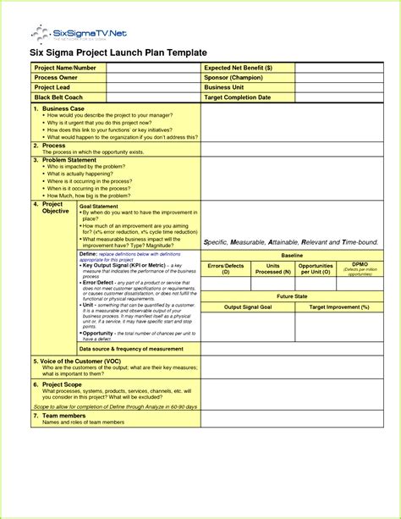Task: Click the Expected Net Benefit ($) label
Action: point(238,67)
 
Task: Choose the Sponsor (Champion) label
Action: point(235,77)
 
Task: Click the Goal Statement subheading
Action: point(98,206)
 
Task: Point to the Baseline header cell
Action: point(293,255)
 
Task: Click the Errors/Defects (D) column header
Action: point(227,268)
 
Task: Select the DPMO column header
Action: point(360,265)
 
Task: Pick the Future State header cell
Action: point(293,297)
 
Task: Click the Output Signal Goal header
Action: point(247,306)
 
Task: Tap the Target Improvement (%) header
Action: point(339,306)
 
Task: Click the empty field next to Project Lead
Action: point(152,87)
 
